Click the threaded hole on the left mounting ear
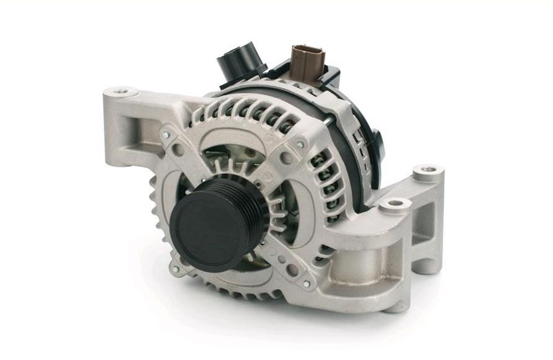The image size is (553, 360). (125, 92)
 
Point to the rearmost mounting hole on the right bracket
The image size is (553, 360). (428, 169)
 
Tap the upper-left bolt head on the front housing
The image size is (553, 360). (166, 133)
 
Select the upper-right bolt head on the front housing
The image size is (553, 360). (300, 145)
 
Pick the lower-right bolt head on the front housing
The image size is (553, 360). (306, 284)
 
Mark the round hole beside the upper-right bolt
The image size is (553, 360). (286, 158)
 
